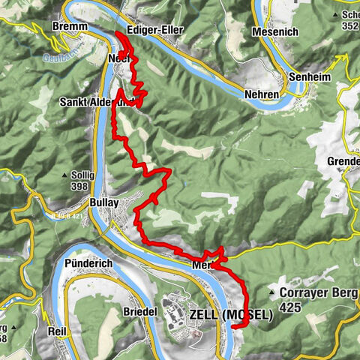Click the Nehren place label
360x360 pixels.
261,94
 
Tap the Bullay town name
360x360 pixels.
104,202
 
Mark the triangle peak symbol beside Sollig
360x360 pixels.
65,175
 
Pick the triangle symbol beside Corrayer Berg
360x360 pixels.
271,293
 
